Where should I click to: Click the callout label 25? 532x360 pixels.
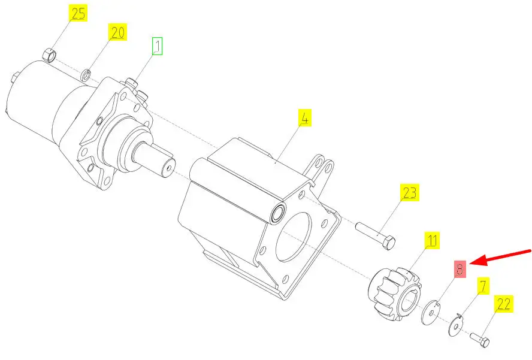[x=78, y=14]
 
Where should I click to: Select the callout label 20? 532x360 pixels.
[x=117, y=32]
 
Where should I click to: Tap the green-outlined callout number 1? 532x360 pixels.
[x=156, y=46]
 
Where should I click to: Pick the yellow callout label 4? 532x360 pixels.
[x=305, y=117]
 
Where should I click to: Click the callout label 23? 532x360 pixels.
[x=409, y=193]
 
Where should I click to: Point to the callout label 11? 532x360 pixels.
[x=432, y=241]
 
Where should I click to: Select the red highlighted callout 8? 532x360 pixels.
[x=460, y=269]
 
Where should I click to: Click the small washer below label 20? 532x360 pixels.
[x=86, y=75]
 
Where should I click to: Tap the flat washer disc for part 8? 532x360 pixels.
[x=430, y=312]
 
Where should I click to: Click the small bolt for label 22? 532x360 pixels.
[x=480, y=339]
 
